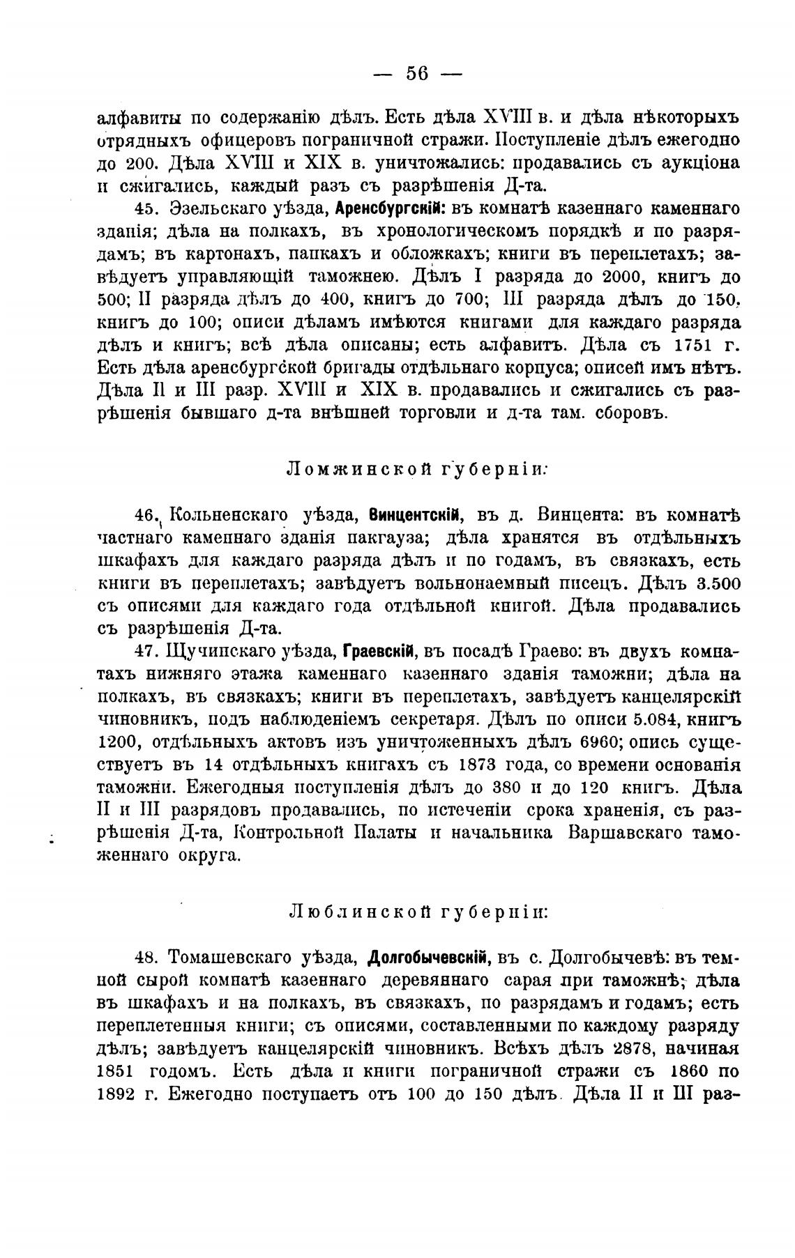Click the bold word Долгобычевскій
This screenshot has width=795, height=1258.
pos(430,958)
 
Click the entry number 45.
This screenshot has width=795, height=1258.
pos(146,209)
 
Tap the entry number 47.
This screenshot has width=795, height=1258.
pos(146,652)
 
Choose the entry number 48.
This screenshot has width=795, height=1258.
pos(146,958)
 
